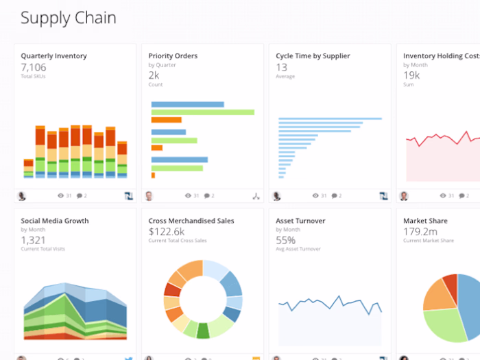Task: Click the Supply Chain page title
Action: click(68, 18)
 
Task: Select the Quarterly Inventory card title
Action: click(53, 56)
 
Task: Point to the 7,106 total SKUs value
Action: click(34, 67)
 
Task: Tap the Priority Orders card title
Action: click(173, 56)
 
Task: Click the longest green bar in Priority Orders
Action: click(202, 112)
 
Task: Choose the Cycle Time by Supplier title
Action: click(313, 56)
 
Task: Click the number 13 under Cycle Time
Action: click(281, 67)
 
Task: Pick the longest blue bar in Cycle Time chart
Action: click(329, 119)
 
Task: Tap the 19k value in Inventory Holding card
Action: click(411, 75)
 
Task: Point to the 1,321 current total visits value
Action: click(33, 239)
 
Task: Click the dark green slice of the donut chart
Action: click(203, 331)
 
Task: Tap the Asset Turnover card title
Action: click(300, 221)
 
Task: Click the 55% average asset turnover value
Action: click(285, 240)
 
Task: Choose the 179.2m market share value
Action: click(420, 231)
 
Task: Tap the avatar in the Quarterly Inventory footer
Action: click(22, 196)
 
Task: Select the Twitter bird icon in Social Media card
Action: click(128, 358)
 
